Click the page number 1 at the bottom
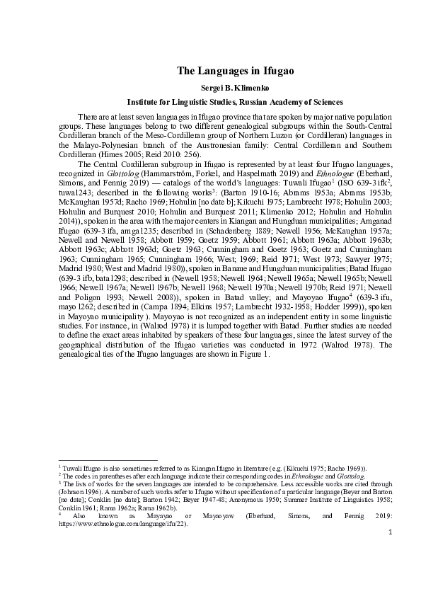click(x=390, y=549)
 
